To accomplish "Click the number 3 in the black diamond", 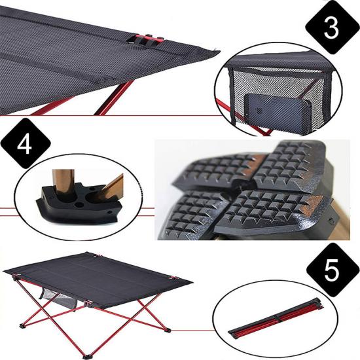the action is click(331, 27).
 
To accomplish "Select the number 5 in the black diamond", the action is click(332, 270).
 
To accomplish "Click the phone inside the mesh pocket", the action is click(278, 113).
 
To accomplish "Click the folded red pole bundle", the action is click(276, 318).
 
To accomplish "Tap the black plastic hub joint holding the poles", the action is click(79, 203).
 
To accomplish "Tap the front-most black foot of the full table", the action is click(87, 357).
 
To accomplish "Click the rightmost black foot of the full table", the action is click(167, 330).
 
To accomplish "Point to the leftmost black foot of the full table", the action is click(22, 325).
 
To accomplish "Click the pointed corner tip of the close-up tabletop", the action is click(219, 51).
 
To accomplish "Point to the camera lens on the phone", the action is click(259, 111).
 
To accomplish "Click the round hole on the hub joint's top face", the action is click(79, 205).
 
